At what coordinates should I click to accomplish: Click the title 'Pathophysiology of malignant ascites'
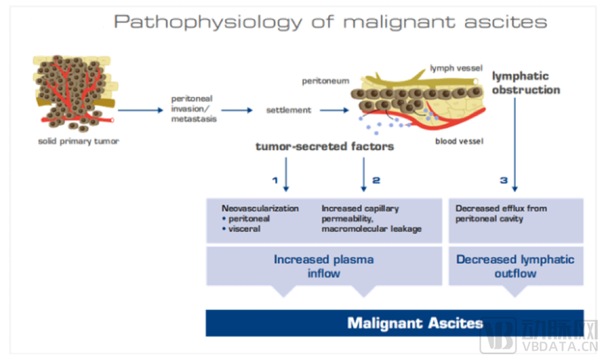[330, 22]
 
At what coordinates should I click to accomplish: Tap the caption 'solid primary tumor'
[72, 140]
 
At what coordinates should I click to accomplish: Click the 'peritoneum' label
[323, 79]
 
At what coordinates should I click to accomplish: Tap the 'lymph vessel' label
[454, 67]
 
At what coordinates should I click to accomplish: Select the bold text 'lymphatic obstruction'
[526, 83]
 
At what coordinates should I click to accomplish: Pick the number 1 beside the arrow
[276, 181]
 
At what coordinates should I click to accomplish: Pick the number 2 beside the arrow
[376, 181]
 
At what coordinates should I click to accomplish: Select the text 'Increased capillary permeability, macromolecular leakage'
[369, 218]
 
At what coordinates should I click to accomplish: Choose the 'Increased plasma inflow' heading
[323, 266]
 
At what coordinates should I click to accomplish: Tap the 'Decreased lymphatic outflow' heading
[515, 266]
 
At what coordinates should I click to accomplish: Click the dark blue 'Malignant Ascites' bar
[395, 323]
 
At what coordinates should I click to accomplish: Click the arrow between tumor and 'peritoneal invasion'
[138, 111]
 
